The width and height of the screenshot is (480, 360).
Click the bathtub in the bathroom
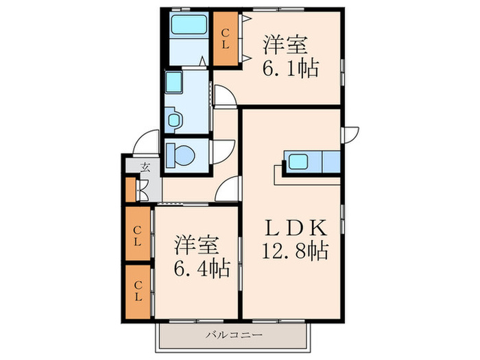click(x=189, y=25)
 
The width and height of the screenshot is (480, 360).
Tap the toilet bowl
click(x=181, y=155)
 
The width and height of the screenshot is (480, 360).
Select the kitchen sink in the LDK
click(x=298, y=161)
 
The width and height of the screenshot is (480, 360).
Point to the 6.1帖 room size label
click(x=290, y=68)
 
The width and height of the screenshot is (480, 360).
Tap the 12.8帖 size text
click(x=295, y=250)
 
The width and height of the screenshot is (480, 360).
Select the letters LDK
click(x=295, y=228)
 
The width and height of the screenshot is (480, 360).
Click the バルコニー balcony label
click(x=234, y=335)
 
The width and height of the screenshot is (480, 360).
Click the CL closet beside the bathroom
click(x=226, y=38)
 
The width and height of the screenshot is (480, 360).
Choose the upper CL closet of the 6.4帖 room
click(x=138, y=234)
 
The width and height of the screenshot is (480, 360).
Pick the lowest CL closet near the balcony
click(x=138, y=291)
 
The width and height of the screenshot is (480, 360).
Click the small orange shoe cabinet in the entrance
click(x=131, y=190)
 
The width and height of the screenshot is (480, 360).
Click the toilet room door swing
click(x=223, y=152)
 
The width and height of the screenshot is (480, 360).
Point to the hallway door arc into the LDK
click(x=227, y=189)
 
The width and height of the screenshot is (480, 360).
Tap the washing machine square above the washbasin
click(x=174, y=82)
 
